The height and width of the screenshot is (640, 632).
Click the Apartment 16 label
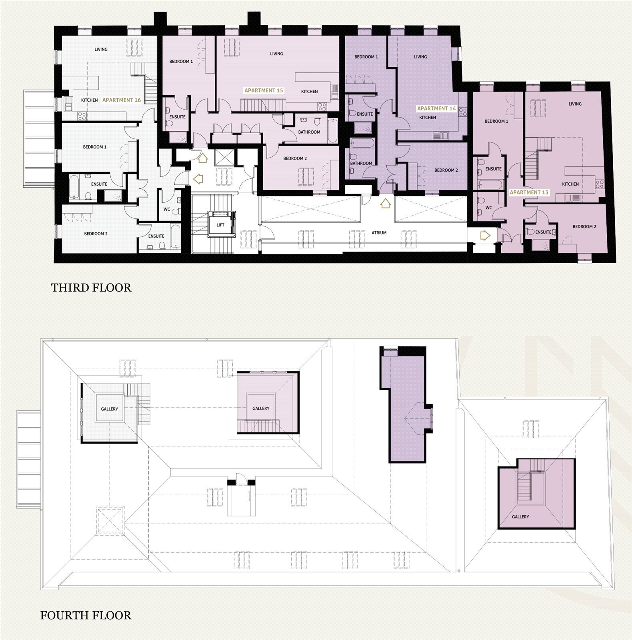(122, 100)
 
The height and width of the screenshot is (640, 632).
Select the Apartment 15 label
(264, 90)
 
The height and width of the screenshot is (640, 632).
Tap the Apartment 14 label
(436, 108)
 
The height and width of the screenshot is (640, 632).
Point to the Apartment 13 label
(529, 192)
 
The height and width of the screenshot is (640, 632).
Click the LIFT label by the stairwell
(220, 225)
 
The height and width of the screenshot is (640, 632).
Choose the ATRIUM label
(379, 233)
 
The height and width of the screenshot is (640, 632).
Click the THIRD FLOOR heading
(91, 288)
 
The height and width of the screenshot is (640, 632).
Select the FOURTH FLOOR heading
(86, 615)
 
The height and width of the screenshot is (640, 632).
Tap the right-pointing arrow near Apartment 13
(484, 235)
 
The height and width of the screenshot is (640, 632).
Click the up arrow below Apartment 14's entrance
(385, 203)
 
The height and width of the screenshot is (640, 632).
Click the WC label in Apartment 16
(167, 209)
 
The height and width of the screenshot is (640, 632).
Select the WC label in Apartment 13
(489, 208)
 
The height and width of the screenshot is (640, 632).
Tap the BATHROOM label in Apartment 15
(309, 132)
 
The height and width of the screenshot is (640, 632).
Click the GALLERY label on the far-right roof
(520, 517)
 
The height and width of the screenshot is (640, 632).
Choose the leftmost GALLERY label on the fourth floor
(109, 409)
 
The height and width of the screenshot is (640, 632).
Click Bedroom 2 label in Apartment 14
(446, 170)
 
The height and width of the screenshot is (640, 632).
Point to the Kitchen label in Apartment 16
(89, 100)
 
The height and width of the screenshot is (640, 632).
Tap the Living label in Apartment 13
(575, 104)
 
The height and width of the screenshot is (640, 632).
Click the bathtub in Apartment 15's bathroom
(332, 131)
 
